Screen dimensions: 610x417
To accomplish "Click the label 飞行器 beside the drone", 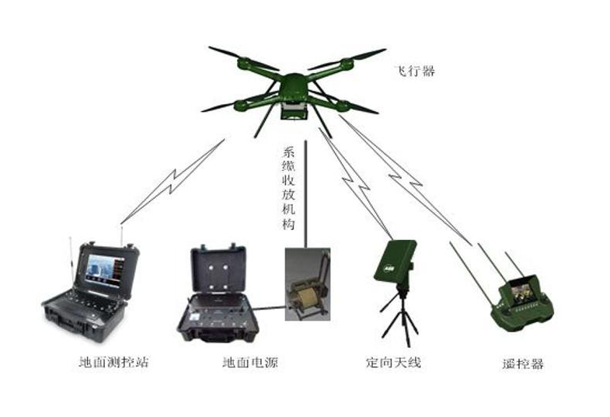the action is point(414,71).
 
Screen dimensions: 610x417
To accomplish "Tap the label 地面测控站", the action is point(113,362).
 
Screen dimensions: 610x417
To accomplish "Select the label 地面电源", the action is point(250,362).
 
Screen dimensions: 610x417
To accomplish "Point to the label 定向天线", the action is point(393,362).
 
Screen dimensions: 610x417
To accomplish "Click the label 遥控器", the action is point(522,363).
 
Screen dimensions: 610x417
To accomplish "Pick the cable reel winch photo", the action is point(308,284).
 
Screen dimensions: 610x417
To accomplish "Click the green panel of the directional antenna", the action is point(395,260).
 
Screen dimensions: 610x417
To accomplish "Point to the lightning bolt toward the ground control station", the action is point(173,182).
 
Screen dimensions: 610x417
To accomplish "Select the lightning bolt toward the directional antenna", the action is point(356,183).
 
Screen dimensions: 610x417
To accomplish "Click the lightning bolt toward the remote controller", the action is point(406,180).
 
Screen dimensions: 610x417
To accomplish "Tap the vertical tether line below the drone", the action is point(306,194).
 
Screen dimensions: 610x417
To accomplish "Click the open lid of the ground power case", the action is point(218,269).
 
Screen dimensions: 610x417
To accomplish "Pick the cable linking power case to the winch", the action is point(270,308).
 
